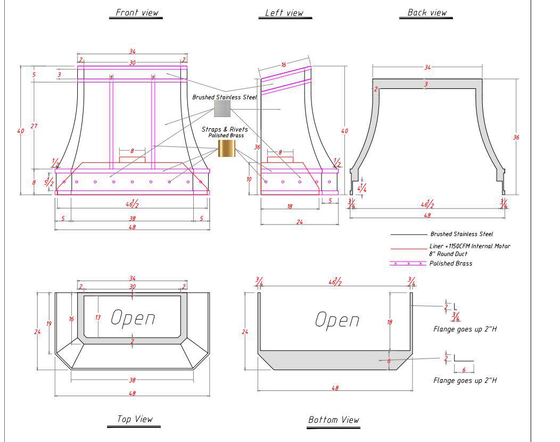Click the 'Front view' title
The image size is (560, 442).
[x=136, y=13]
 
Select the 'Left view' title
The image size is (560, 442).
[x=284, y=13]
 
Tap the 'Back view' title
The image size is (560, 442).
[x=427, y=13]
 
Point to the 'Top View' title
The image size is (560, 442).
[x=135, y=419]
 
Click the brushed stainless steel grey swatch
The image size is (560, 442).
[x=222, y=109]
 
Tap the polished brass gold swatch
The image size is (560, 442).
[x=226, y=148]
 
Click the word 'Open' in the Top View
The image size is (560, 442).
[x=133, y=318]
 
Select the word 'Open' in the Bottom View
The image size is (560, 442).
[x=337, y=320]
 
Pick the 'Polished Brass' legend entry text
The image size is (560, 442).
[x=450, y=263]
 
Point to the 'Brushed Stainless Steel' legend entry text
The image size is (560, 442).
[x=461, y=234]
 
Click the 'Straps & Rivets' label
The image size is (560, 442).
[x=225, y=129]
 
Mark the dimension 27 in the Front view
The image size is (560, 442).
[x=34, y=126]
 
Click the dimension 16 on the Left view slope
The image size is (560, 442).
[x=284, y=65]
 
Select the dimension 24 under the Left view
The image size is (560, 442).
[x=299, y=222]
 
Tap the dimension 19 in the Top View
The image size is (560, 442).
[x=49, y=323]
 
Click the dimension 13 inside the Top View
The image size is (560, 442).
[x=98, y=317]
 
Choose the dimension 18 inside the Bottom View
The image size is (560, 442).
[x=390, y=322]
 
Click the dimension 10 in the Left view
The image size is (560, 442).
[x=249, y=179]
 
